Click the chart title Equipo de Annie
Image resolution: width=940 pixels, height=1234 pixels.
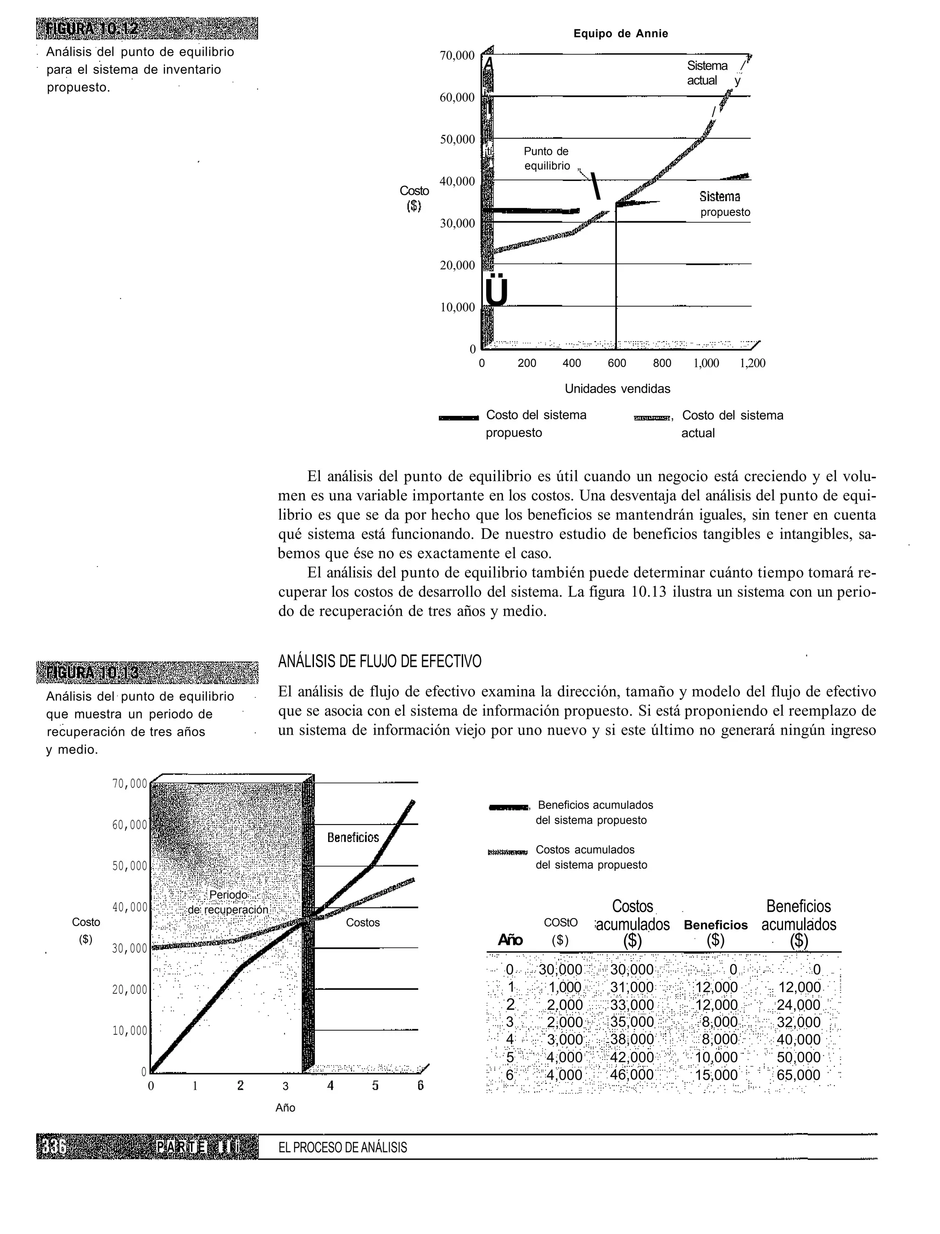621,34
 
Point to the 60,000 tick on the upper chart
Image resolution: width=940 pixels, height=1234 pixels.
457,97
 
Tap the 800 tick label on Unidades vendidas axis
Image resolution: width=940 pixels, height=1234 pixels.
662,363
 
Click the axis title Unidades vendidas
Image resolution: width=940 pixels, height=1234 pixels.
617,388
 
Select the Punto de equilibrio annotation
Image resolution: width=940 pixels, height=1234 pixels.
547,158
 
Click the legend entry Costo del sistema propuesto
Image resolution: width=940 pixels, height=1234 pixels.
536,424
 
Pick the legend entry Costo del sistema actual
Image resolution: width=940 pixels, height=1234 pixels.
732,424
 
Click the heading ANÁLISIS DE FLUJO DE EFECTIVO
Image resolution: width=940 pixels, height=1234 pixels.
380,662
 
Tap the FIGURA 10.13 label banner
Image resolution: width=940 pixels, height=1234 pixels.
147,672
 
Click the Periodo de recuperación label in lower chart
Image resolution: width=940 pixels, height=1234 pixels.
228,902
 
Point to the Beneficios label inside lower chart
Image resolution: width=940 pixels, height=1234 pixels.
353,838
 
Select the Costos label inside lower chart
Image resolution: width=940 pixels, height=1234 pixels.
363,923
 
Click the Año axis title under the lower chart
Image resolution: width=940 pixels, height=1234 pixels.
285,1107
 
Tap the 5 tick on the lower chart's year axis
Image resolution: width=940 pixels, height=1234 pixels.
375,1086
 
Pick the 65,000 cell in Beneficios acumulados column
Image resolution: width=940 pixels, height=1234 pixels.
799,1075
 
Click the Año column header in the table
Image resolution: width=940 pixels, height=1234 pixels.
510,940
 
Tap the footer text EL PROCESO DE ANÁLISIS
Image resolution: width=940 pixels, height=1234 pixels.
342,1148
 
